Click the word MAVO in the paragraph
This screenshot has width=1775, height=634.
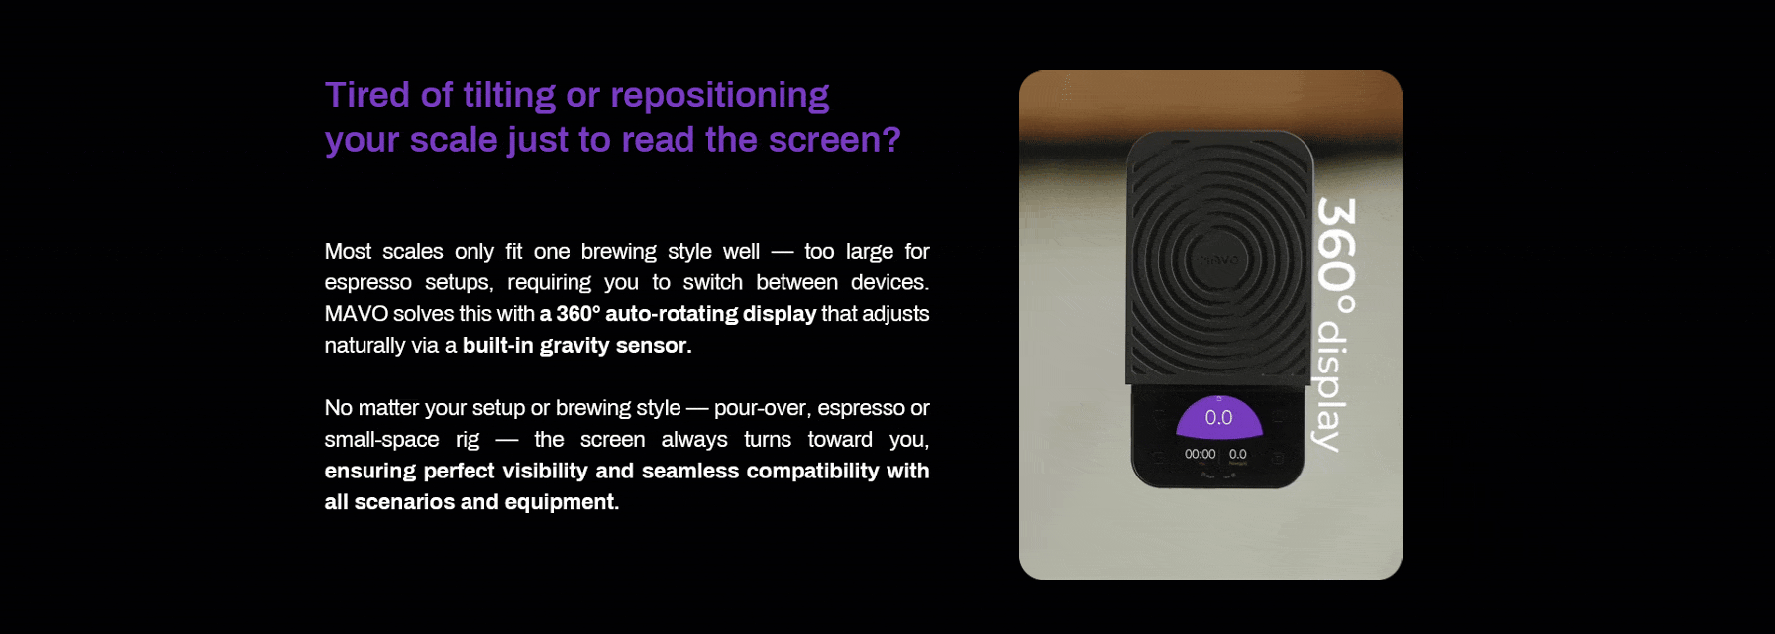click(356, 314)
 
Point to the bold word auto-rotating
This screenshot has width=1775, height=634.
click(673, 314)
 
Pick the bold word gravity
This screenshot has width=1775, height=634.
click(574, 347)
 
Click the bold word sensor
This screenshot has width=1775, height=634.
click(654, 346)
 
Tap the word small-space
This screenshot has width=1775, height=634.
click(381, 441)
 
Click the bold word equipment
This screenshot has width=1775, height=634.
click(562, 503)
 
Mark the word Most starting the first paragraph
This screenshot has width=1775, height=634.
click(348, 252)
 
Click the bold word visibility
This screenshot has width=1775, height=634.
click(545, 471)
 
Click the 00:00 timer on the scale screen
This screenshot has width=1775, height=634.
click(1200, 455)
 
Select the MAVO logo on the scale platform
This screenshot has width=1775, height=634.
click(1219, 260)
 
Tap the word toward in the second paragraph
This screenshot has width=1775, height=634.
click(840, 440)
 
